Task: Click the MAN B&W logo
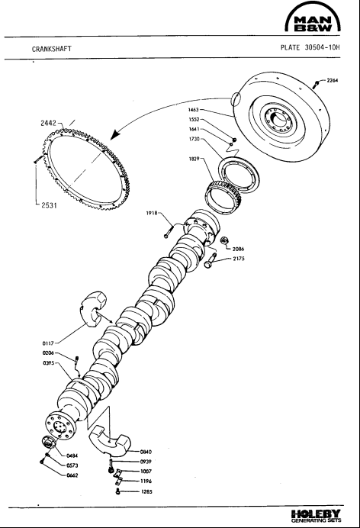[x=313, y=18]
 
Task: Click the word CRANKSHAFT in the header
[x=52, y=49]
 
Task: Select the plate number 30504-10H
[x=323, y=47]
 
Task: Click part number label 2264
[x=333, y=80]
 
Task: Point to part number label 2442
[x=49, y=124]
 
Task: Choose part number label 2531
[x=49, y=205]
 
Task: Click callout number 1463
[x=194, y=109]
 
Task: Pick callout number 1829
[x=194, y=159]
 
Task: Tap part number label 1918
[x=152, y=213]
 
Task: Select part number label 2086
[x=238, y=250]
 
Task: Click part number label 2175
[x=239, y=259]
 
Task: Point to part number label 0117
[x=48, y=343]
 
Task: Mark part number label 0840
[x=146, y=452]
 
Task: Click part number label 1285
[x=146, y=491]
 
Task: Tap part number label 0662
[x=72, y=475]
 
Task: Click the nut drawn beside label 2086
[x=224, y=240]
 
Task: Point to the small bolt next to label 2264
[x=316, y=85]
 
